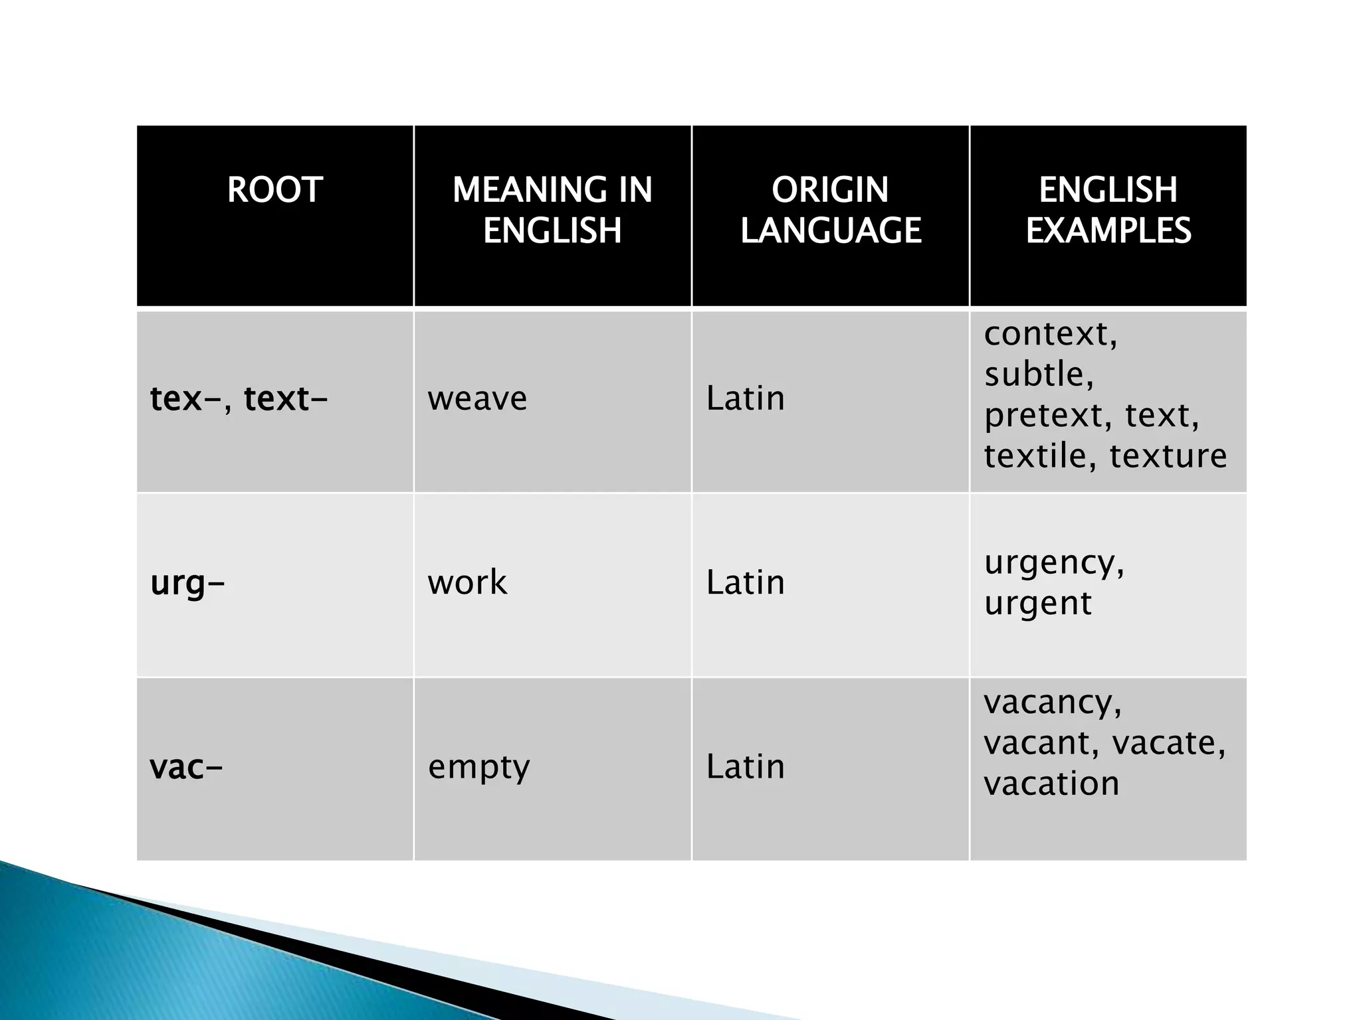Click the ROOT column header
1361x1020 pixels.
(x=274, y=190)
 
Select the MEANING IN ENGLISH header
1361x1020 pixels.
(x=552, y=210)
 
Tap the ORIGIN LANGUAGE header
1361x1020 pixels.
(x=830, y=210)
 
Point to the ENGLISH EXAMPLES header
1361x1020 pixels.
(x=1108, y=210)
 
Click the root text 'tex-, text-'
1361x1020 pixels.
(x=239, y=399)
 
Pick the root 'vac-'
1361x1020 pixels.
(x=186, y=768)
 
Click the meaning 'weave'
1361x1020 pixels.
(x=477, y=399)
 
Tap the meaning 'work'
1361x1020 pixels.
(x=467, y=583)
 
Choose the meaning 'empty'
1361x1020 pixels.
(x=478, y=768)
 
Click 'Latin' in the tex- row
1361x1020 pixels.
(x=745, y=399)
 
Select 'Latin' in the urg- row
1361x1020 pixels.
(x=745, y=583)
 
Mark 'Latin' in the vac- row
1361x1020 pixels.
(x=745, y=768)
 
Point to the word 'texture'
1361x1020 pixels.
(x=1168, y=456)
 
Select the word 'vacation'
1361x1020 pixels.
(x=1051, y=784)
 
